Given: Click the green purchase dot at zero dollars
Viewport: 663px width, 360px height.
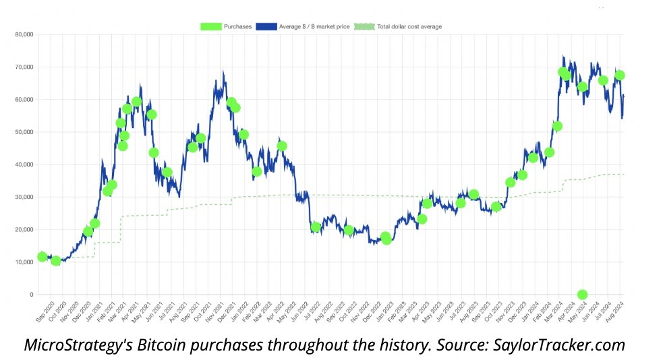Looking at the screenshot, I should click(x=582, y=295).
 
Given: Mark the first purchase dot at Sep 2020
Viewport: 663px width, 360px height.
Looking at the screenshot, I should click(x=42, y=256).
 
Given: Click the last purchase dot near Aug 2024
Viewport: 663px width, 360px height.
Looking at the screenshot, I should click(x=620, y=76).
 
